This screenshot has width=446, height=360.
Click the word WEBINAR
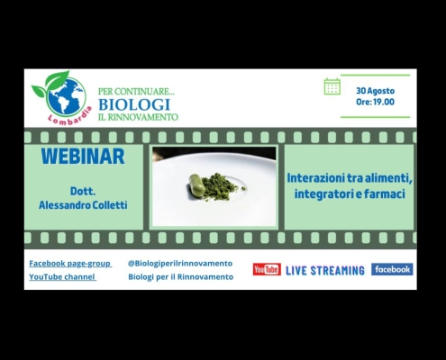pos(83,157)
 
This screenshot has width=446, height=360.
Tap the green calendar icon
pos(332,86)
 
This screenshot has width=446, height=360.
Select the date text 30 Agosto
pos(376,91)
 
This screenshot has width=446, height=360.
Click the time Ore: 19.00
pos(375,102)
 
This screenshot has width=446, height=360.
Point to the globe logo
pos(64,96)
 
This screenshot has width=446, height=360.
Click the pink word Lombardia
pos(69,117)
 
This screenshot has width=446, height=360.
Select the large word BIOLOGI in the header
pos(134,104)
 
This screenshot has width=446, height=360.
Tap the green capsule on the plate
pos(196,185)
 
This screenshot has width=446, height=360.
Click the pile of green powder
pos(222,186)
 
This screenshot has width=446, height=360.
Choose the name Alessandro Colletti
pos(83,205)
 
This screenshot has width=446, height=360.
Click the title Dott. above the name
pos(83,191)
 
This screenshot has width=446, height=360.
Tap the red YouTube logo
pos(267,269)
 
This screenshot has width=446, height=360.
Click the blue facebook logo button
pos(392,269)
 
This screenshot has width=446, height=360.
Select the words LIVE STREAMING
pos(325,271)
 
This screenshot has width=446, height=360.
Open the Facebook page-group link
pos(70,264)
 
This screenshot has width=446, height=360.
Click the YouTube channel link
pos(62,276)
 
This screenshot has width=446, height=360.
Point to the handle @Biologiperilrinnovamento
pos(180,264)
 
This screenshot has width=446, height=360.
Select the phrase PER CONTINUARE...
pos(137,91)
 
